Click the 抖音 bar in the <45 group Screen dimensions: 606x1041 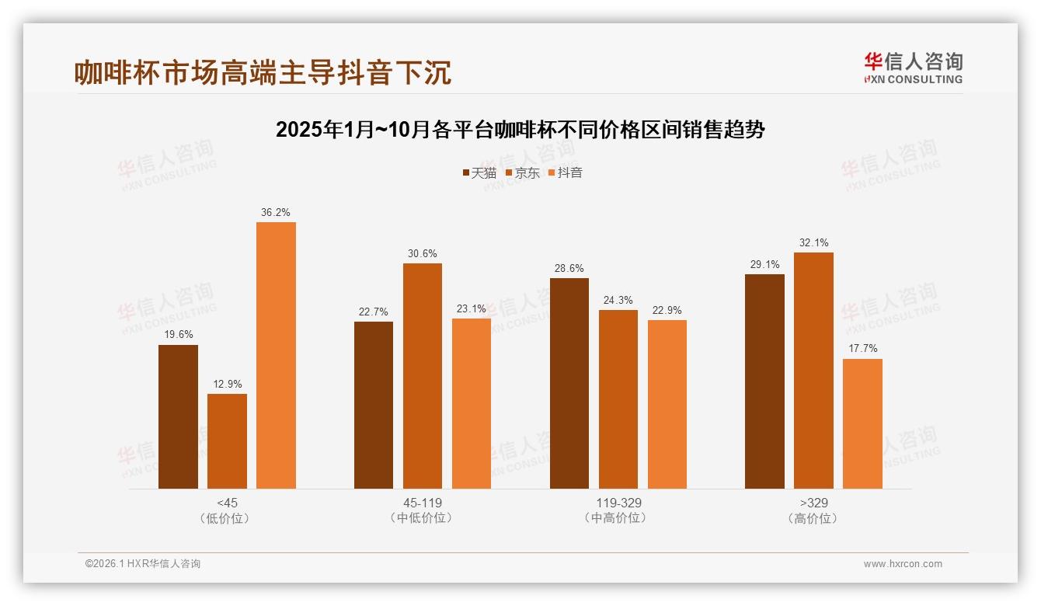(276, 355)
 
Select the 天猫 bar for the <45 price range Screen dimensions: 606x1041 (178, 416)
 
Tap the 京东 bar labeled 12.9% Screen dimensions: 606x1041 (227, 441)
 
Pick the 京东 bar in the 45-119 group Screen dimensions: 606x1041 (423, 376)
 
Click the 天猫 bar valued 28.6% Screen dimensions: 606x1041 (569, 383)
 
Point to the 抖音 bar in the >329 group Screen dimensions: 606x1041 (862, 423)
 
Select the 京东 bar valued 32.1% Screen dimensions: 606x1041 (813, 371)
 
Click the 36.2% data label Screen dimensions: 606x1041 (276, 212)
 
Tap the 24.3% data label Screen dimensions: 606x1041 (618, 300)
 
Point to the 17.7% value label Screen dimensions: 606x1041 (862, 348)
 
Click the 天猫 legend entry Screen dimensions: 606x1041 (479, 172)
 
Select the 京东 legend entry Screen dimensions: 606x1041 (522, 172)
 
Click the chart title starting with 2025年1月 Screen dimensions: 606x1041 (520, 129)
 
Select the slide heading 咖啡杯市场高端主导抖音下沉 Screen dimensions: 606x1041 (263, 72)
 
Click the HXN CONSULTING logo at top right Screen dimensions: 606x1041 (913, 68)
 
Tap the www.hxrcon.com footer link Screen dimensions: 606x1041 (903, 564)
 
